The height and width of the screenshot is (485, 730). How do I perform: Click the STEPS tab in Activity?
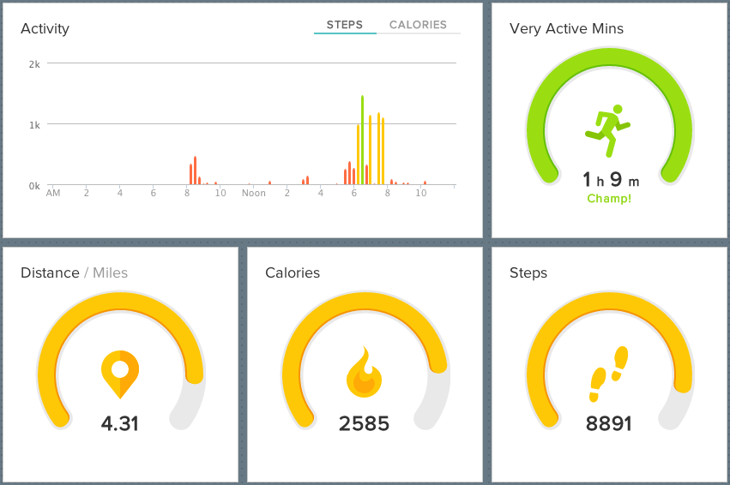(345, 25)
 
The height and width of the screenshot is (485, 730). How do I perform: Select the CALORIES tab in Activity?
(418, 25)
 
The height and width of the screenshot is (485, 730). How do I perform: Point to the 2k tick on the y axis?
(34, 64)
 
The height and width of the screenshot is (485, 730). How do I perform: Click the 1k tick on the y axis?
(34, 125)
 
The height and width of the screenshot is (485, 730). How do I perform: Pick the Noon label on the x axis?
(254, 193)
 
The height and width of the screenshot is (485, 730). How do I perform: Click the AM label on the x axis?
(53, 193)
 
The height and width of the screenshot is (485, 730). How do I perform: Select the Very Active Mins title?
(566, 29)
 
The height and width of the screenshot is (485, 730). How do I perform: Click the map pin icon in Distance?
(120, 374)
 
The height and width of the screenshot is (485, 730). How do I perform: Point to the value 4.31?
(120, 423)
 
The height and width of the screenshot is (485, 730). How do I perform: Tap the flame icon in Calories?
(364, 374)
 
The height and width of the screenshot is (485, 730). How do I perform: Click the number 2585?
(364, 423)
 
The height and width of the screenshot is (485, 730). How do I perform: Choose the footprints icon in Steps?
(608, 374)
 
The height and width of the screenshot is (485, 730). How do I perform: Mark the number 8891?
(608, 423)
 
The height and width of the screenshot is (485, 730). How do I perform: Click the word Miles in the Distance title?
(110, 273)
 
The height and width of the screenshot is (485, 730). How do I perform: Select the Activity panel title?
(45, 29)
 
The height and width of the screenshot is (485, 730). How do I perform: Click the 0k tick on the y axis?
(34, 186)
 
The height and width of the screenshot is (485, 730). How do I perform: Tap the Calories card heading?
(293, 273)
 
